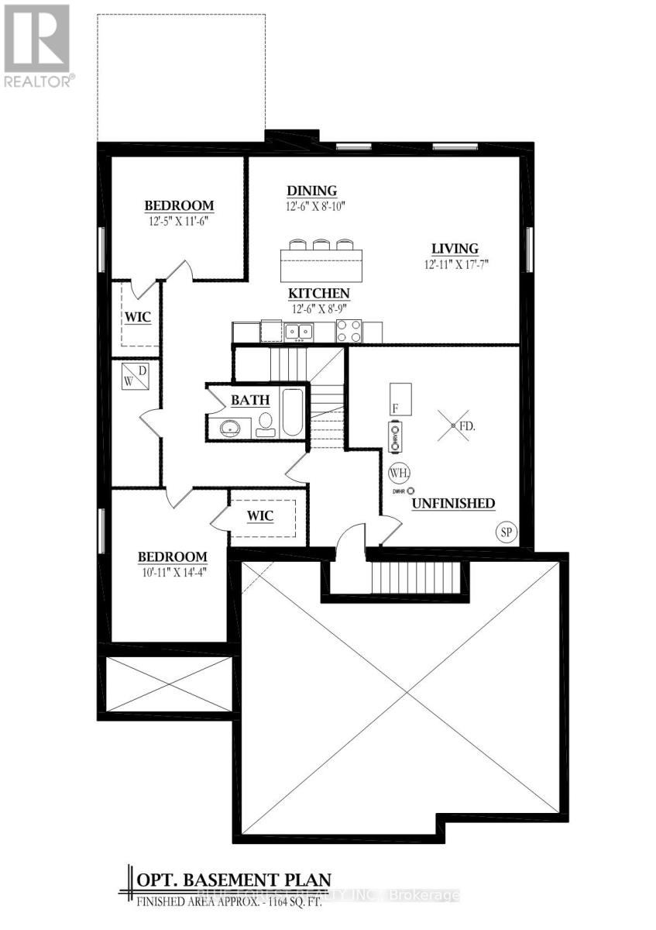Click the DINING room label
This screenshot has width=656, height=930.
311,191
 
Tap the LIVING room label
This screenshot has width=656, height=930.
455,249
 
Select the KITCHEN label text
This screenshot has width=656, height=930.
319,294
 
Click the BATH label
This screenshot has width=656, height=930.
250,400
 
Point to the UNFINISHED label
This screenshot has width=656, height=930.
453,504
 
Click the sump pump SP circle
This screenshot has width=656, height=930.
506,532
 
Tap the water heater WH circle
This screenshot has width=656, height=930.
400,472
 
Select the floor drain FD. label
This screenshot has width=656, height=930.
466,426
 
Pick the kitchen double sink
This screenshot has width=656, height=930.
298,332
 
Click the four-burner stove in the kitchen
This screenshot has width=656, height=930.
348,332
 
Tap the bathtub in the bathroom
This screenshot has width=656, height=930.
293,412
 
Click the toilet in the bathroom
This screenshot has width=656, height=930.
265,423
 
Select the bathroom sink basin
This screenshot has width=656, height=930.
230,426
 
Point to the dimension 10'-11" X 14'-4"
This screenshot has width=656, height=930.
172,572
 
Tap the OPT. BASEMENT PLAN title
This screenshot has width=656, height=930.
234,880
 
